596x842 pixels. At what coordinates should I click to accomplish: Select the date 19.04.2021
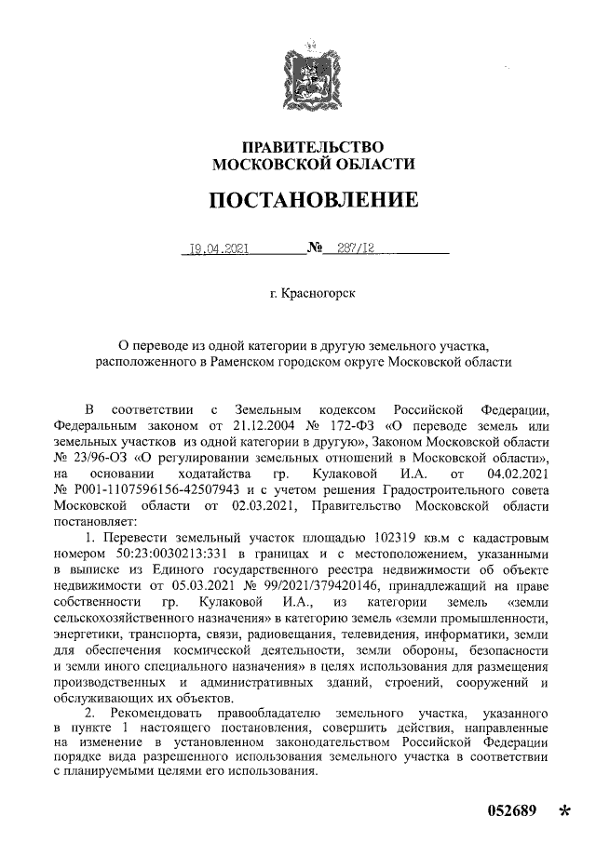click(217, 249)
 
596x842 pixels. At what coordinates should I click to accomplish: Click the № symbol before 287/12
click(315, 249)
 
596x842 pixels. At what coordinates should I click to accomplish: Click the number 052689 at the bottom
click(512, 811)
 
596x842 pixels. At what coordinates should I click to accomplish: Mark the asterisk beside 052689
click(562, 813)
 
